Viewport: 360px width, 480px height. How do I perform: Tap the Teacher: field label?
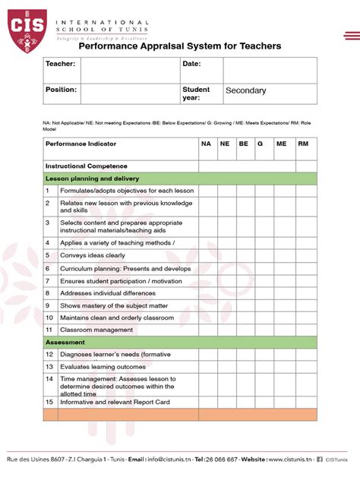pyautogui.click(x=60, y=65)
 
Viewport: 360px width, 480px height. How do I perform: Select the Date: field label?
pyautogui.click(x=191, y=65)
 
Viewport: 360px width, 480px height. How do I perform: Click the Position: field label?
pyautogui.click(x=61, y=90)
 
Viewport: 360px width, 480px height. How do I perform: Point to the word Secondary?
pyautogui.click(x=245, y=90)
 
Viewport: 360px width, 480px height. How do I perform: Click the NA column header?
pyautogui.click(x=206, y=143)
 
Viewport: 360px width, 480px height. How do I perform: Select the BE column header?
pyautogui.click(x=244, y=143)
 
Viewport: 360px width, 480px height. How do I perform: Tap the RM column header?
pyautogui.click(x=303, y=143)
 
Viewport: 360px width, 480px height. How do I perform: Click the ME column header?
pyautogui.click(x=282, y=143)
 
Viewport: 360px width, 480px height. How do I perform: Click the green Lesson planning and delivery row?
pyautogui.click(x=178, y=178)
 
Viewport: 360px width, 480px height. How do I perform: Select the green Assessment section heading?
pyautogui.click(x=178, y=343)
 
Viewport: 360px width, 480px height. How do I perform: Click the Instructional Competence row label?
pyautogui.click(x=86, y=166)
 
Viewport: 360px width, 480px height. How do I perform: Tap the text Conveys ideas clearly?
pyautogui.click(x=93, y=256)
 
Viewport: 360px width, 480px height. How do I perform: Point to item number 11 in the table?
pyautogui.click(x=49, y=330)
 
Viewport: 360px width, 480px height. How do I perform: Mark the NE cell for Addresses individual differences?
pyautogui.click(x=226, y=292)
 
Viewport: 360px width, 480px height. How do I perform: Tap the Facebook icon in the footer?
pyautogui.click(x=319, y=459)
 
